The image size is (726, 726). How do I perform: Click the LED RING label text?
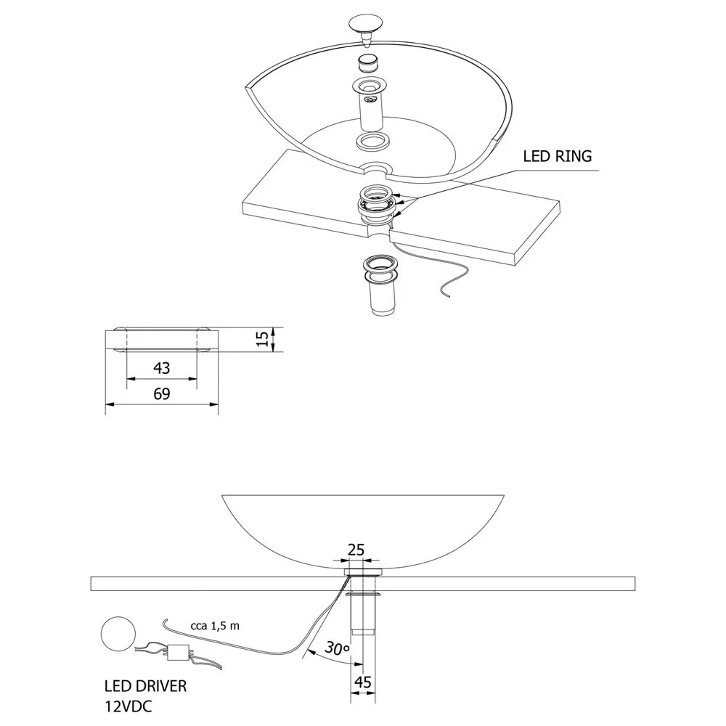point(558,156)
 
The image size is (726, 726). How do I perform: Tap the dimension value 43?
point(161,368)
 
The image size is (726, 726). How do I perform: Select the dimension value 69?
point(161,394)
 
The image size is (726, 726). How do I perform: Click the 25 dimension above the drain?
point(356,550)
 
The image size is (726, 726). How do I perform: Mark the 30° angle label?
point(335,647)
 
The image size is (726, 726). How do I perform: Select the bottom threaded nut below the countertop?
point(380,268)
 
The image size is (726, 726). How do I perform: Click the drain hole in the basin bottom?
point(377,168)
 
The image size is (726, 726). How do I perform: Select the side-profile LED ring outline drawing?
point(161,340)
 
